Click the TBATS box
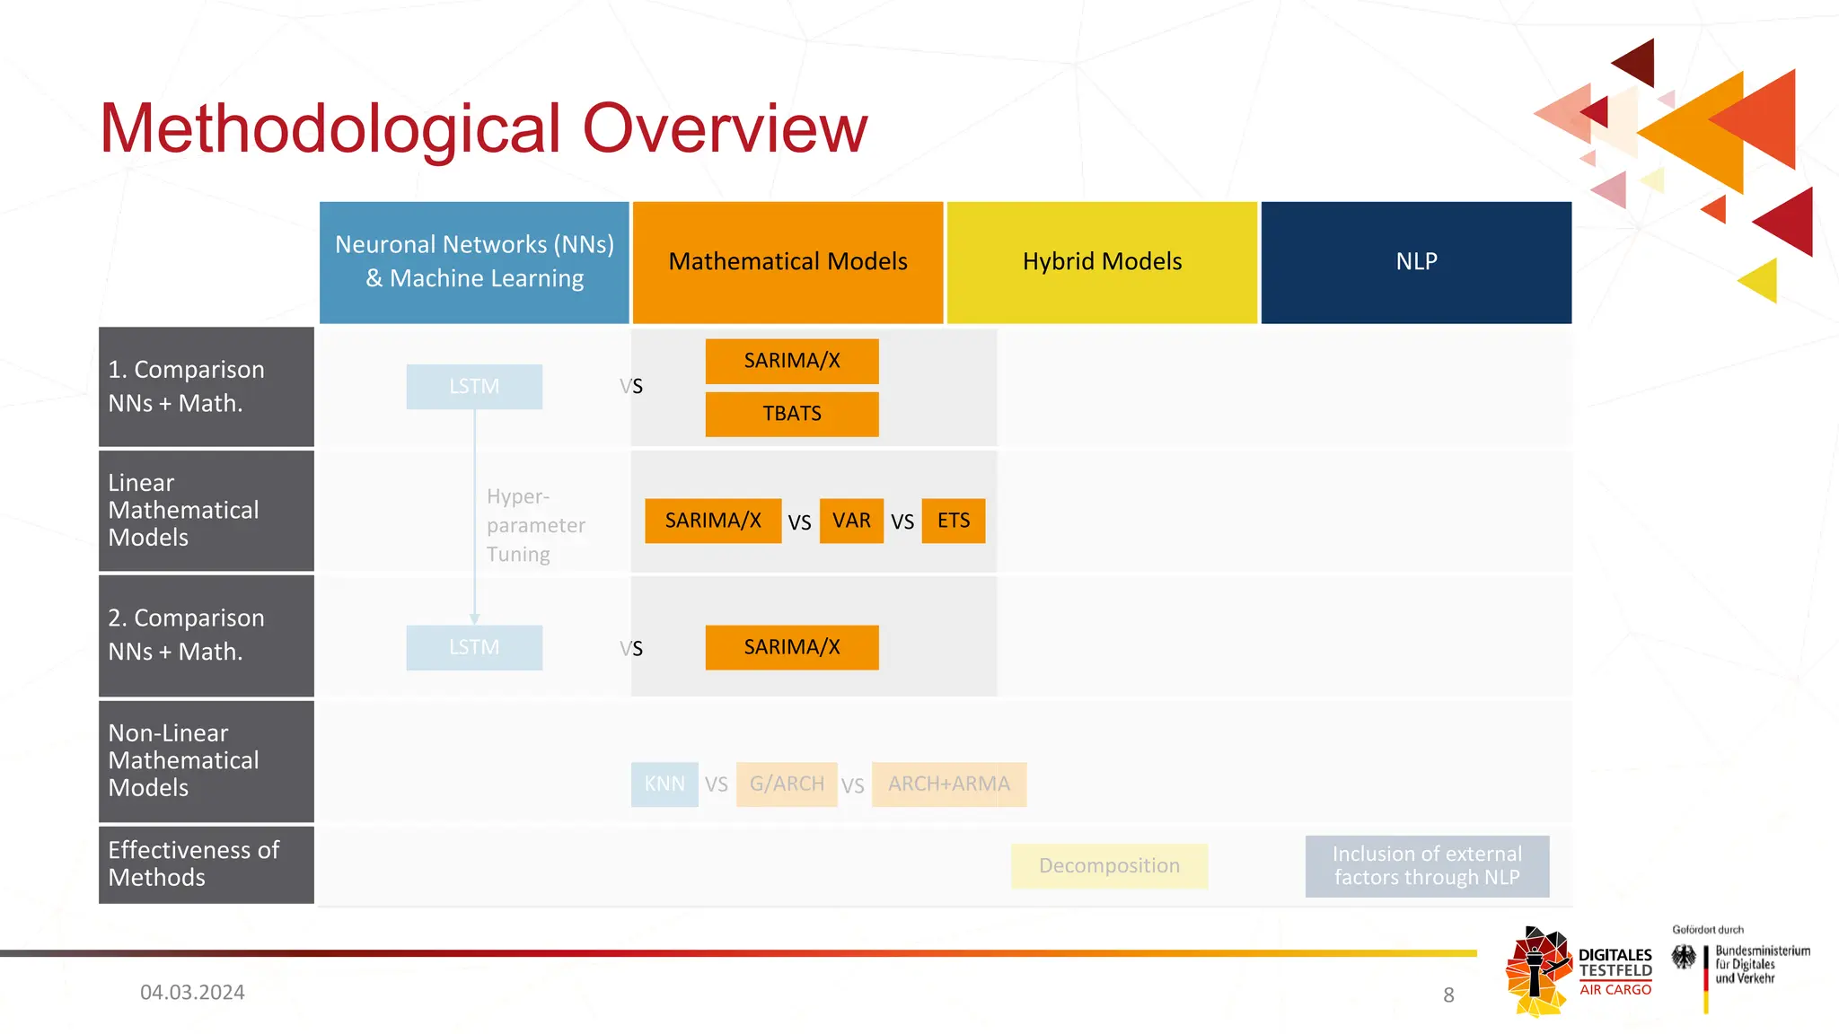791,414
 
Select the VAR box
851,521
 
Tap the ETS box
954,521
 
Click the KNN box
664,784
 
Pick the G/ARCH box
787,784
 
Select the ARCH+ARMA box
949,784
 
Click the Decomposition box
1109,865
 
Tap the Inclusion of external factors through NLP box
1427,865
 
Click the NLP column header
1416,261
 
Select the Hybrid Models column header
1102,261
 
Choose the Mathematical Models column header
788,261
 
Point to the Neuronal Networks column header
474,261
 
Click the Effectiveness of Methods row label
206,863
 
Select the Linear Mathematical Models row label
206,510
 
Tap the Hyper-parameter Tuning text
535,525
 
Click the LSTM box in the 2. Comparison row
474,647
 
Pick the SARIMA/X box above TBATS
791,361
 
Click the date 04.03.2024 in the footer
192,992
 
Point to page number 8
1448,995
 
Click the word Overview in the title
725,128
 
